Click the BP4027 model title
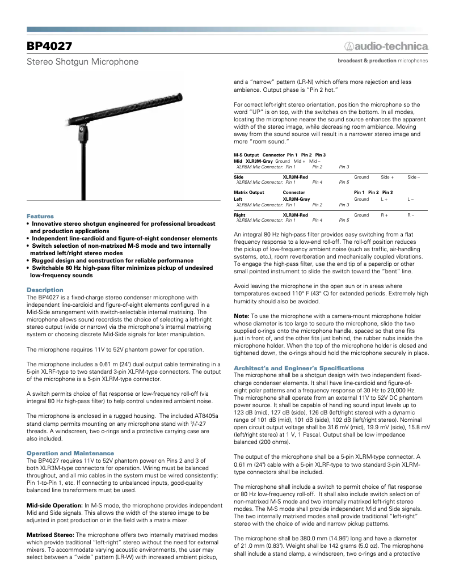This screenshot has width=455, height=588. [49, 46]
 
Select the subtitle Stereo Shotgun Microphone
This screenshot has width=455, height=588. [83, 61]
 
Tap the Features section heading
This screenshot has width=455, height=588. [40, 216]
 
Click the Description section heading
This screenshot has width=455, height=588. [45, 290]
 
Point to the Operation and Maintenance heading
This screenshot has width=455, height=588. [70, 453]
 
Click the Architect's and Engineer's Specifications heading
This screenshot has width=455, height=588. [299, 368]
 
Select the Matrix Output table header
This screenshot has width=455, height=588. [249, 193]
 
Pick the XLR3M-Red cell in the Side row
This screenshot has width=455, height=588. [296, 177]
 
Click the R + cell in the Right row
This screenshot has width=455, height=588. [384, 215]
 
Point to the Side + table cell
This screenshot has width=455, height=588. [387, 177]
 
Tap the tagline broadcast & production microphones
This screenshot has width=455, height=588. [383, 61]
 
